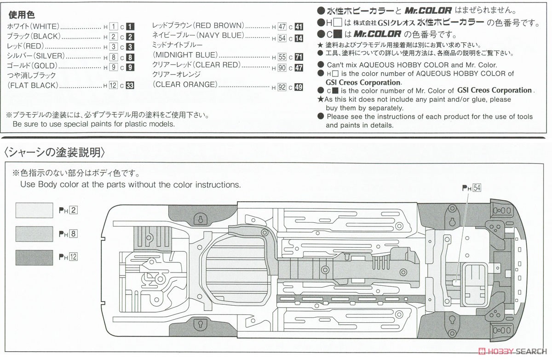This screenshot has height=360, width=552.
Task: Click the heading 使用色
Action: [x=21, y=16]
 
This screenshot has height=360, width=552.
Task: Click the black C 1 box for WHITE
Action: [x=131, y=26]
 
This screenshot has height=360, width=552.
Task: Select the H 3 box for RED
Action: [x=114, y=46]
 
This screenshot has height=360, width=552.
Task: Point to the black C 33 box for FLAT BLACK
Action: [x=130, y=85]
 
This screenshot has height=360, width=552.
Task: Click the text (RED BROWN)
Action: [x=218, y=26]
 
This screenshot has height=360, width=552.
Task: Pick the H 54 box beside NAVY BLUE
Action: [x=282, y=38]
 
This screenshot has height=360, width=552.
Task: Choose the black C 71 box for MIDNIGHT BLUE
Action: [x=299, y=57]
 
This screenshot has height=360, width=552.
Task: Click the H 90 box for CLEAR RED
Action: [x=282, y=68]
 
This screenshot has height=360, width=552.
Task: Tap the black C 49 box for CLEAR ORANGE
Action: [x=299, y=87]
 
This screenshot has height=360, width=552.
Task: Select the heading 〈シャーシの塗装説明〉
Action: [x=55, y=151]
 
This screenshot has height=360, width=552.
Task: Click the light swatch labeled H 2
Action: [x=35, y=211]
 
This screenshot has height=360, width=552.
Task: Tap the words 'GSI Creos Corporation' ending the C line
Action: [x=494, y=91]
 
